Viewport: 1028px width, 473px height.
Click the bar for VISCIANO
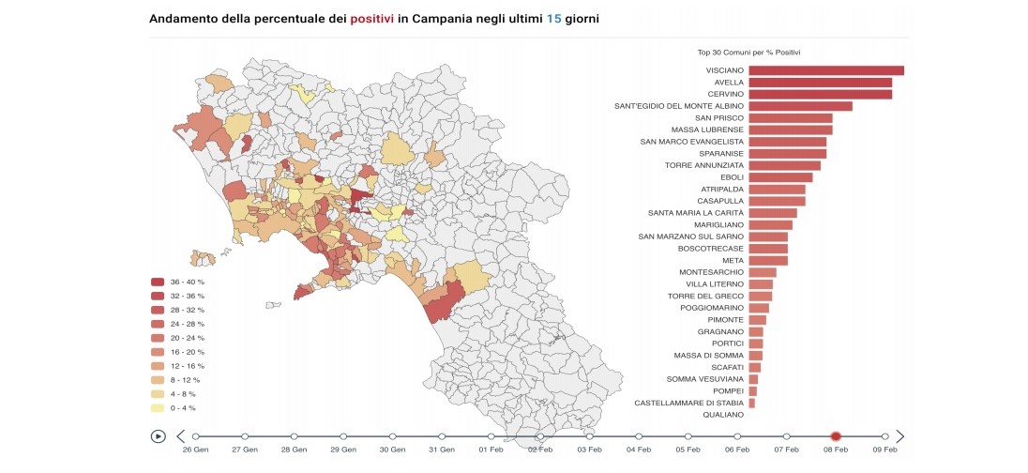(x=825, y=70)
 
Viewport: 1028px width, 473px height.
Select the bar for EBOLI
(x=780, y=177)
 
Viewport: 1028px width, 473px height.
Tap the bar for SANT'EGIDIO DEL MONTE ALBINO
(x=800, y=106)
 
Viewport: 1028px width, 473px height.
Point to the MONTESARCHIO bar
(x=763, y=272)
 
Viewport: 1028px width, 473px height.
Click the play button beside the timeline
(x=159, y=436)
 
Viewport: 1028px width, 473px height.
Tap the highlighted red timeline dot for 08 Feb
(x=836, y=436)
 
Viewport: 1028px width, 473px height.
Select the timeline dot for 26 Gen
(x=196, y=436)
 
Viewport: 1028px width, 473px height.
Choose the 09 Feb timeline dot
(x=884, y=436)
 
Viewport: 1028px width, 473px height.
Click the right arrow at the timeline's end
(x=900, y=436)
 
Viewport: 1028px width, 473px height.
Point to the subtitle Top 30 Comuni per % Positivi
(x=748, y=53)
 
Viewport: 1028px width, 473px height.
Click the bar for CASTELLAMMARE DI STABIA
(x=751, y=404)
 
